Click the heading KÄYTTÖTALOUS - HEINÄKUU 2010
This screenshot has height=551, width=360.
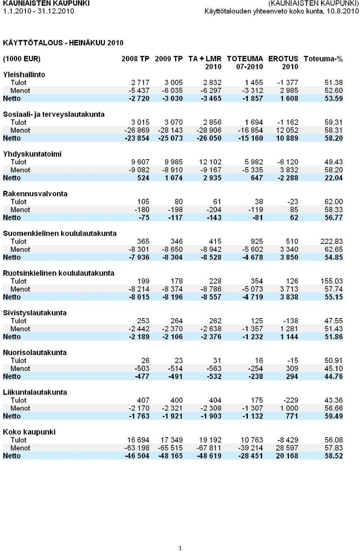click(63, 43)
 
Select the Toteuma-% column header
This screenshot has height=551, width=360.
click(323, 59)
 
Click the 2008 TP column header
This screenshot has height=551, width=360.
click(135, 59)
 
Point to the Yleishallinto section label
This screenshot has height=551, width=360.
click(24, 75)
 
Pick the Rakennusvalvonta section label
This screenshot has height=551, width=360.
click(35, 194)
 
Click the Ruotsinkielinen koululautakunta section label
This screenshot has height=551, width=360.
click(58, 273)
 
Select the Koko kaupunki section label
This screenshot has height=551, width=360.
click(29, 432)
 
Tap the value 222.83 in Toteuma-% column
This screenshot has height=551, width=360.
click(331, 241)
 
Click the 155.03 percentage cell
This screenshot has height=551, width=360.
click(331, 281)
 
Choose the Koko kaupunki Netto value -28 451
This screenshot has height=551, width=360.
click(250, 456)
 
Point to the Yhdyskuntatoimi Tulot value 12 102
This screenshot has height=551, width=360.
click(210, 162)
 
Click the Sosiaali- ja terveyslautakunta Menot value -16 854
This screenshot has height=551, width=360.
click(250, 130)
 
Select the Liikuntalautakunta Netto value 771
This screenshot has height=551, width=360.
click(292, 416)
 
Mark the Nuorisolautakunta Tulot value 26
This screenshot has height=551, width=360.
click(145, 360)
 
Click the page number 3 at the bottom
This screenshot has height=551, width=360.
click(180, 548)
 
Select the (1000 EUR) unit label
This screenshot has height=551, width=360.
click(22, 59)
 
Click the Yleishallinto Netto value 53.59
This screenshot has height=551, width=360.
click(333, 98)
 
